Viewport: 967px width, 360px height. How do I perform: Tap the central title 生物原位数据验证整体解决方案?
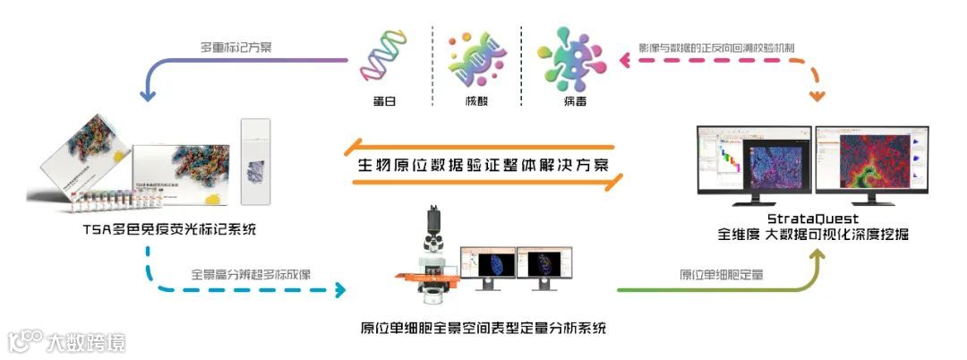click(x=483, y=166)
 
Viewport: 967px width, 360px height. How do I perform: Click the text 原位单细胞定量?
click(x=722, y=275)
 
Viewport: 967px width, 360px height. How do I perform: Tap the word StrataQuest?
click(x=813, y=218)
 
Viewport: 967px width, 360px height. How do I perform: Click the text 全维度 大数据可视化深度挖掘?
click(x=812, y=236)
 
